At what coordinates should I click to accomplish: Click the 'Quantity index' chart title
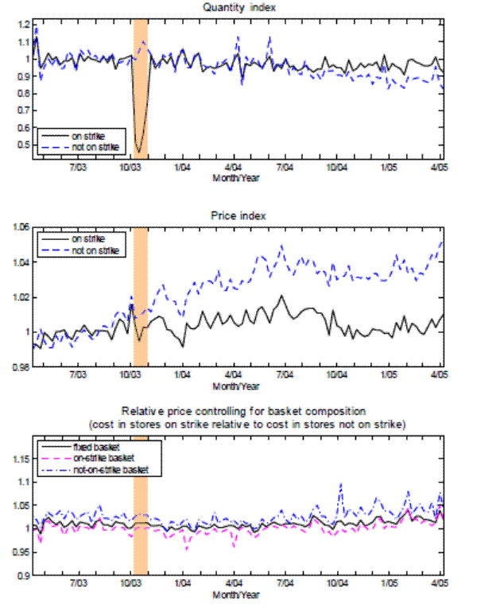click(x=235, y=7)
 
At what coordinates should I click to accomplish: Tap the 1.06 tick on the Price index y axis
click(x=18, y=227)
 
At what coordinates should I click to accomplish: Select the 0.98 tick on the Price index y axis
click(x=18, y=366)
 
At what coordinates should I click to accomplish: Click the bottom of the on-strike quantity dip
click(x=139, y=152)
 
